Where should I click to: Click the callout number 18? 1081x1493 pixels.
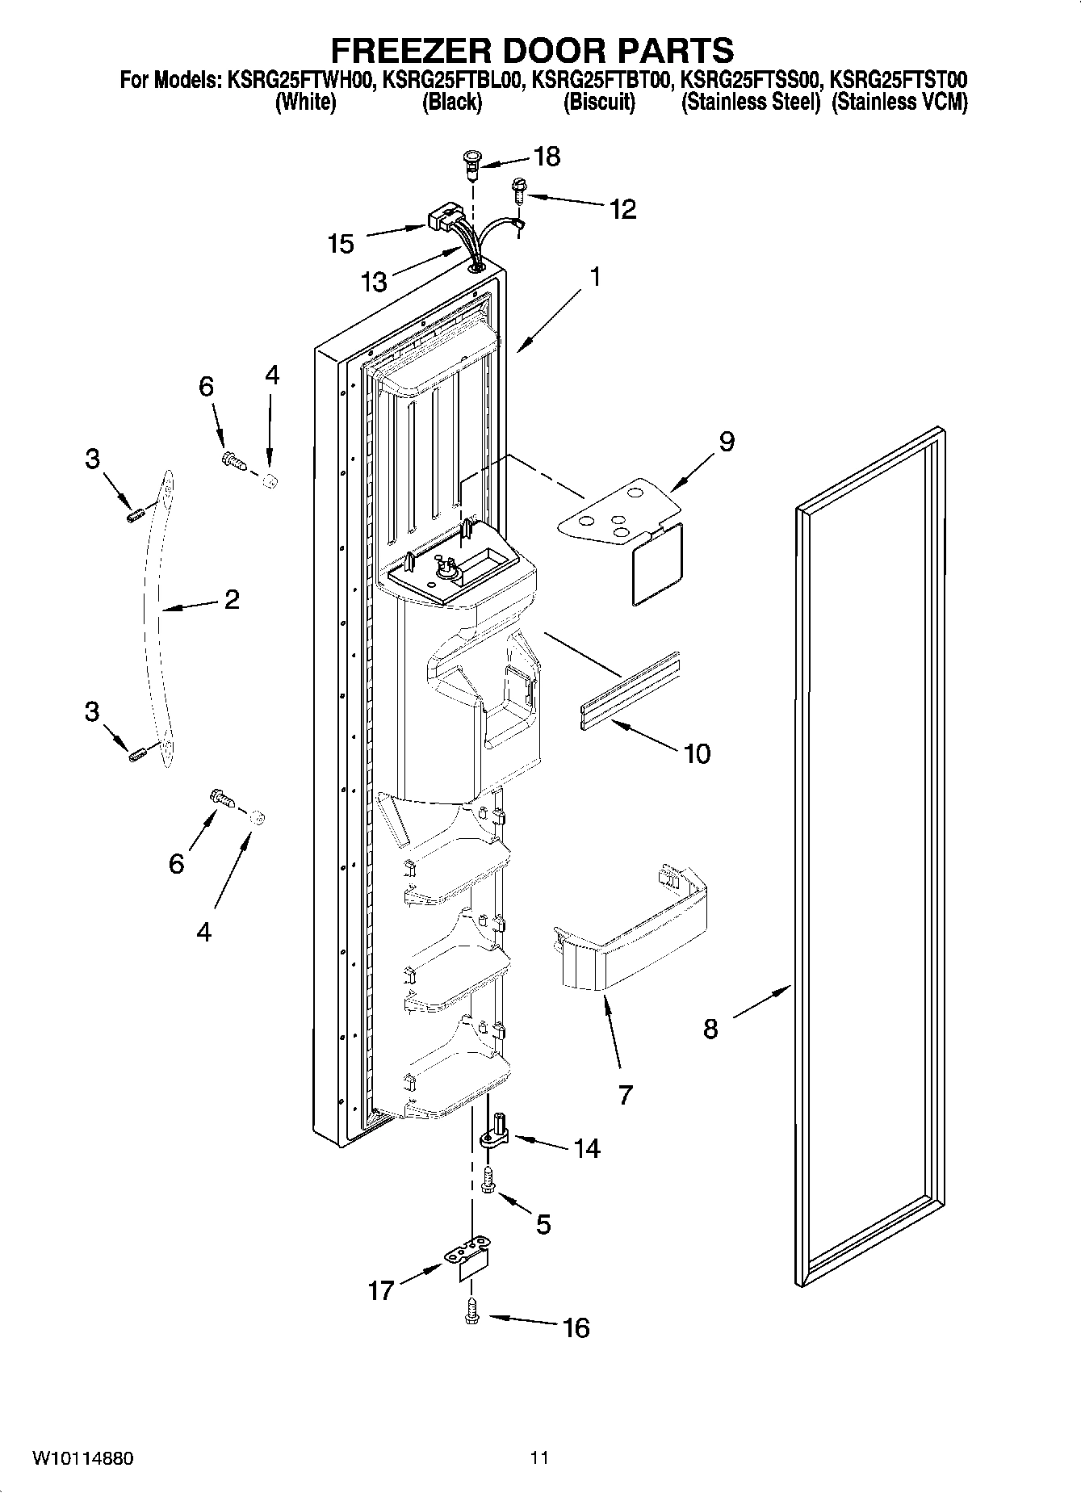547,157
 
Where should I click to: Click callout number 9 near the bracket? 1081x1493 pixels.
727,442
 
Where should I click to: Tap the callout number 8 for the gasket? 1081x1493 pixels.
710,1029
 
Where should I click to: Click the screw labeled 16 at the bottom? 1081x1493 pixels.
472,1317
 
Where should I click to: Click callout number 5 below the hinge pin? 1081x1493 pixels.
543,1224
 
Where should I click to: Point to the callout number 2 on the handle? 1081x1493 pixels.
232,599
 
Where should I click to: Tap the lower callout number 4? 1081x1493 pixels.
203,932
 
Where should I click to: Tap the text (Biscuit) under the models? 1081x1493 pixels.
598,103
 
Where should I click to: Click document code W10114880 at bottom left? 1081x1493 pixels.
83,1458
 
